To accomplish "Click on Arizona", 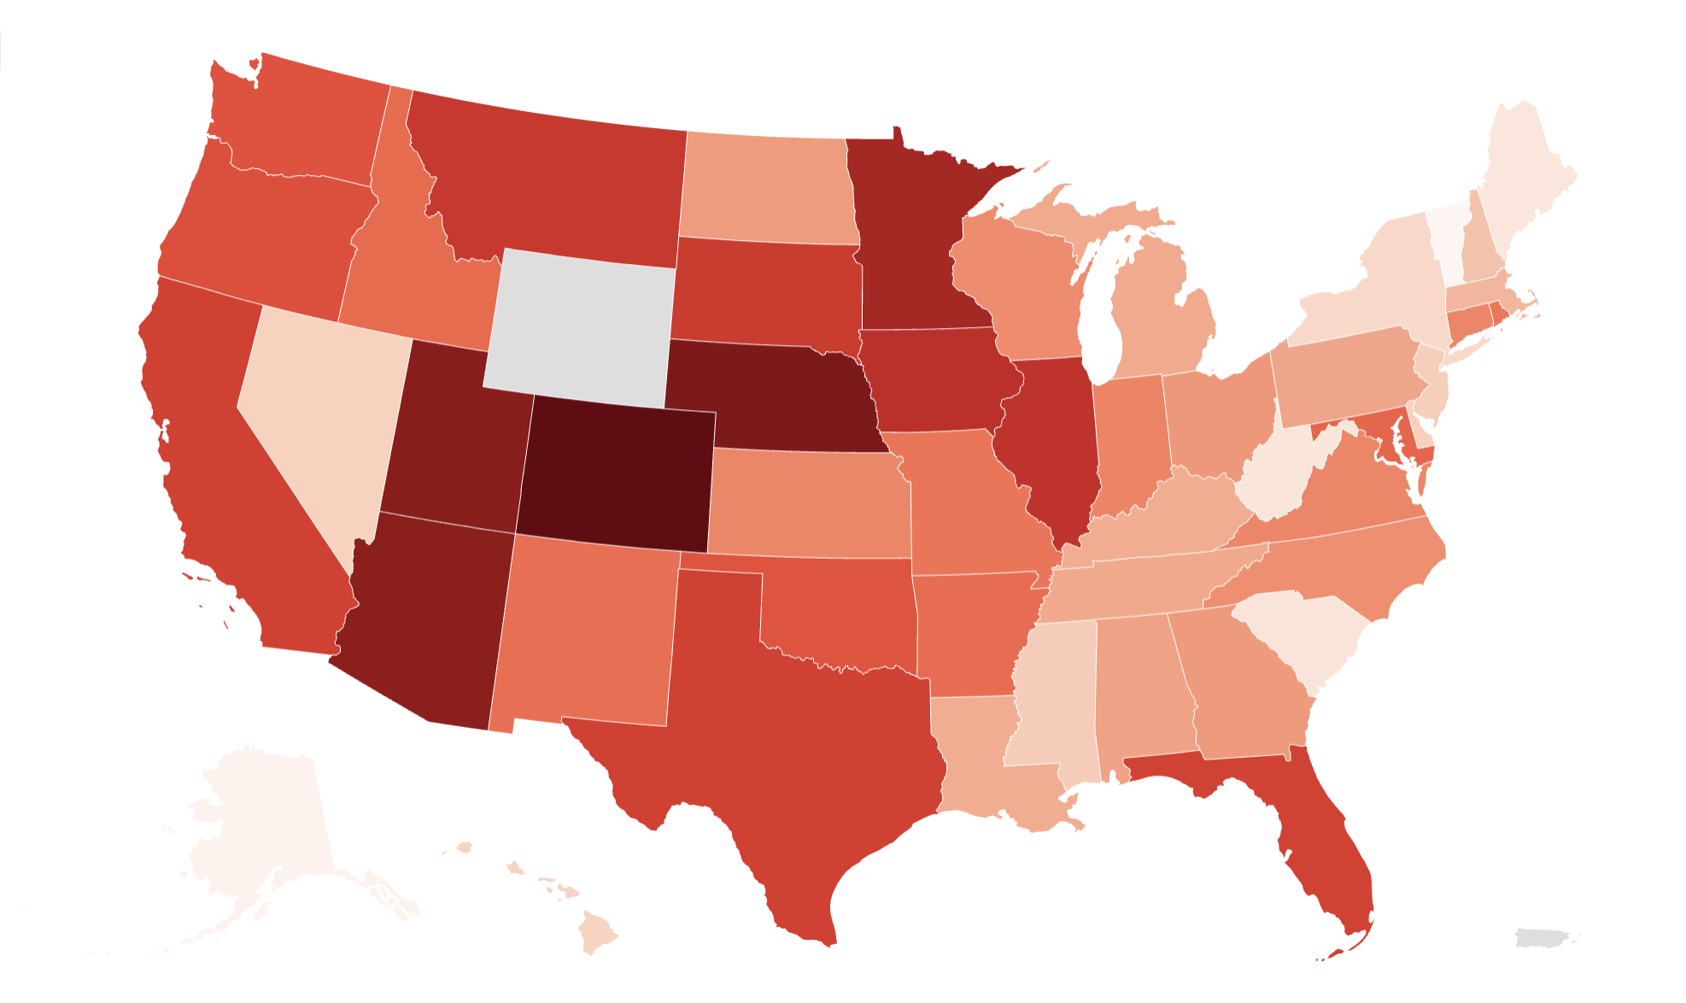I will tap(423, 615).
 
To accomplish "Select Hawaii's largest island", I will tap(596, 931).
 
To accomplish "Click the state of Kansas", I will tap(807, 504).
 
